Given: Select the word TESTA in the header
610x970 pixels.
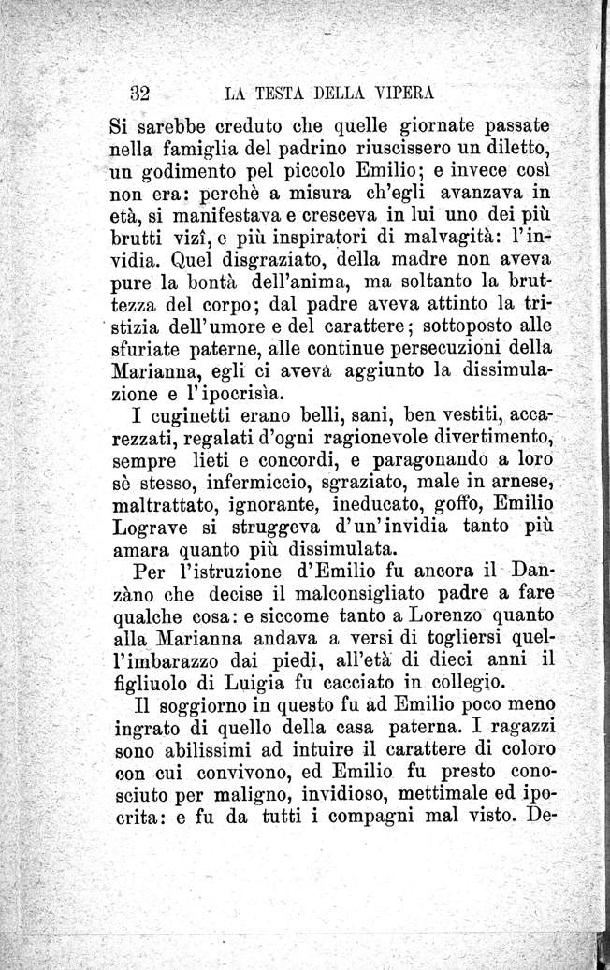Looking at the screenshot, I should [x=289, y=94].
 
